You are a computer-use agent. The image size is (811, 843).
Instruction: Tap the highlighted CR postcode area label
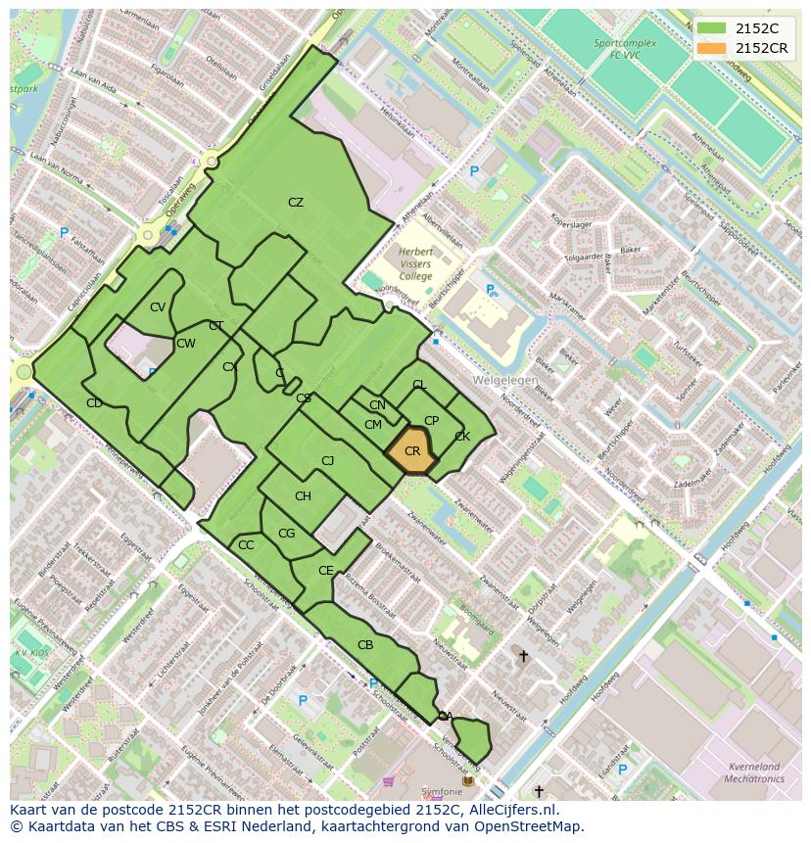412,451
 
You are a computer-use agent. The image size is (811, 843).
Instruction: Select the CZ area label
295,203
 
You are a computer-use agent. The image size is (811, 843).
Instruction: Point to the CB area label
365,645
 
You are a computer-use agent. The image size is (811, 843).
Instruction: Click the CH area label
303,496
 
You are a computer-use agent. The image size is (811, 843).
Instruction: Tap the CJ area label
328,460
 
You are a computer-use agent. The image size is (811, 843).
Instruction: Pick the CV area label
158,307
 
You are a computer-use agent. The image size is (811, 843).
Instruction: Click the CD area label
94,403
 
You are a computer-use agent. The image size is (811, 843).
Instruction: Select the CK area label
462,437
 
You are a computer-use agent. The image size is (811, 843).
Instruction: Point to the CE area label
326,571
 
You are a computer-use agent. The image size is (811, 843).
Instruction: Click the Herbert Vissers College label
415,263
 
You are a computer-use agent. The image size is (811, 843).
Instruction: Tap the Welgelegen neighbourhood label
505,379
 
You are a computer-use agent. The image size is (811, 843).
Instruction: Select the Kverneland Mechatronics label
754,773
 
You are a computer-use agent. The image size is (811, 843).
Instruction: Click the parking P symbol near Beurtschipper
490,289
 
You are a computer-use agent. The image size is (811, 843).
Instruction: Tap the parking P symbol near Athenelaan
474,171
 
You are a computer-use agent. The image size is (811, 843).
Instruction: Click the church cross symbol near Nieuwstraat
523,656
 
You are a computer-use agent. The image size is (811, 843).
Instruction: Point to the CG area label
286,534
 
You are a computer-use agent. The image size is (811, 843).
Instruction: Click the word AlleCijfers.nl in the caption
509,810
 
